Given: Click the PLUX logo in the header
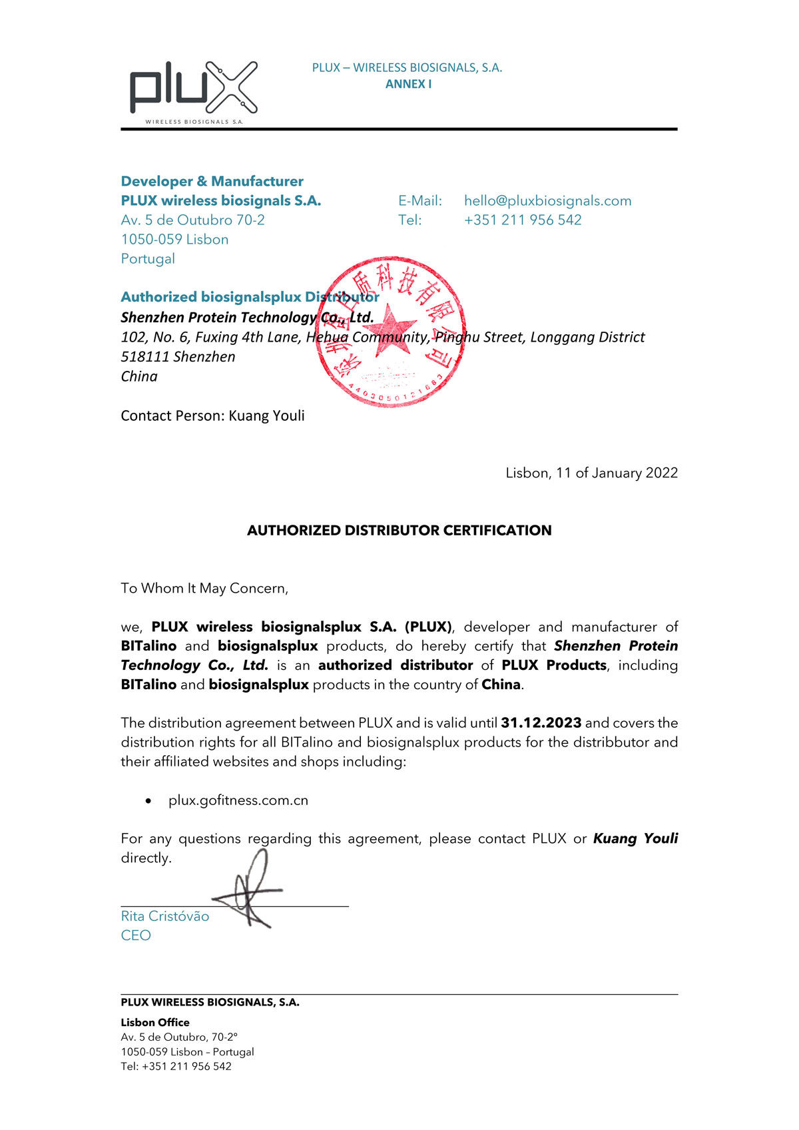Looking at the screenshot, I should click(193, 91).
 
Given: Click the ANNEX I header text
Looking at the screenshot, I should click(408, 84).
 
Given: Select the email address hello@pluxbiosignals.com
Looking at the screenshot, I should click(547, 200).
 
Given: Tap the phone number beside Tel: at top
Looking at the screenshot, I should click(523, 220).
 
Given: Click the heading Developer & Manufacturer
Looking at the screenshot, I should click(212, 181).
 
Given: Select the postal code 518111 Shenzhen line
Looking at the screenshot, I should click(178, 356).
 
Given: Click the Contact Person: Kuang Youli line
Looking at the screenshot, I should click(212, 416).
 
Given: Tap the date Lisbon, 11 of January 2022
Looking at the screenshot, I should click(591, 473).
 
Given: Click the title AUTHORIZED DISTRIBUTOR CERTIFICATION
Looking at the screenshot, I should click(399, 530).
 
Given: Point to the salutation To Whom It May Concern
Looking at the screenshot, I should click(204, 588).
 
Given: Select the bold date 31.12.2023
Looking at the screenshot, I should click(541, 722).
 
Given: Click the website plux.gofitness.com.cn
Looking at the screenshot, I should click(238, 800).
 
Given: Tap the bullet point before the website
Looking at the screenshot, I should click(148, 801).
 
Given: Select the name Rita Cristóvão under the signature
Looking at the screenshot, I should click(165, 916).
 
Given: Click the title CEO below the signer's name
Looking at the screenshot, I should click(136, 935).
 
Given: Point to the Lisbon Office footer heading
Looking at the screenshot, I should click(155, 1022).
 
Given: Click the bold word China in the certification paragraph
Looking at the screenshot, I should click(501, 685).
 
